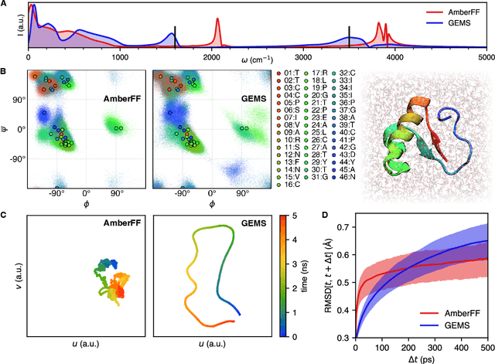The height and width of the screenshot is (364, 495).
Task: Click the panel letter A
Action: (4, 5)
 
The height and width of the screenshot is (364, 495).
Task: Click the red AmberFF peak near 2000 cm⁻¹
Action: (217, 28)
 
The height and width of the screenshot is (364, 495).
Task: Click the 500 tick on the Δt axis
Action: (486, 345)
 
